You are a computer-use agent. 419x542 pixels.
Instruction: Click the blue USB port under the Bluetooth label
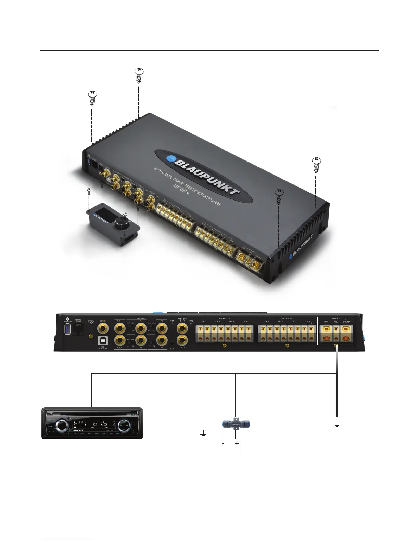[x=67, y=331]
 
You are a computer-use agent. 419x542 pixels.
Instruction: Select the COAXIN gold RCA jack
[x=102, y=329]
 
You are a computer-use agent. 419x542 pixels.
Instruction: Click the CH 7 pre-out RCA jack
[x=182, y=329]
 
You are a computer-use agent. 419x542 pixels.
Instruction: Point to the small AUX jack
[x=172, y=343]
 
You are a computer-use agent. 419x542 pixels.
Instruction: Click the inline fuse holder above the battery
[x=236, y=423]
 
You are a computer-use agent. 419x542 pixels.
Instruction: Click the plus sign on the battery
[x=237, y=443]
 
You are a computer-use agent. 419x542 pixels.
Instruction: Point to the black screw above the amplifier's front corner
[x=279, y=196]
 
